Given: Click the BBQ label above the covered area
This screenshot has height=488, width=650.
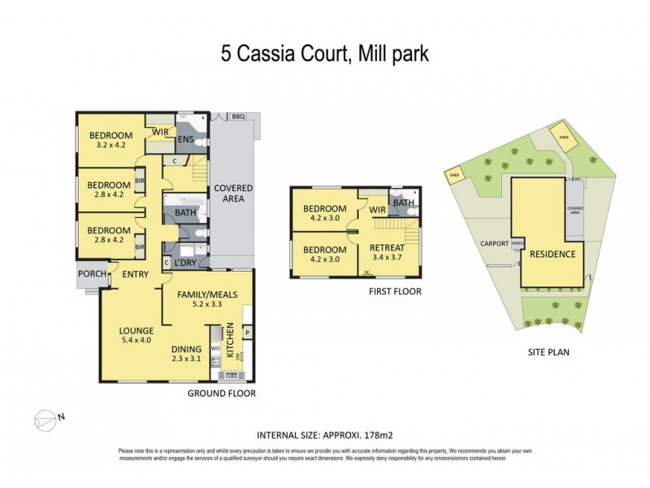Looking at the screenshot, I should [238, 117].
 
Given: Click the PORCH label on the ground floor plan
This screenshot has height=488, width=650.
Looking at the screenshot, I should [92, 274].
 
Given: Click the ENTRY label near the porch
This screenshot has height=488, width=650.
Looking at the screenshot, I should [135, 274].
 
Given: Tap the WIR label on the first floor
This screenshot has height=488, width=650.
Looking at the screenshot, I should [377, 210].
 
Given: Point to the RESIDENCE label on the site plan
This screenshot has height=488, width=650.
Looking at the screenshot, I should [552, 254].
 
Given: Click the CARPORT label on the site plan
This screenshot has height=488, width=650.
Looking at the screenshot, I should [493, 243].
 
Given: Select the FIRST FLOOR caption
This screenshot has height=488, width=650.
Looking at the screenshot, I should [396, 290].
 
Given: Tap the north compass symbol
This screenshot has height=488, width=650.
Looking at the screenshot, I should [47, 420].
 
